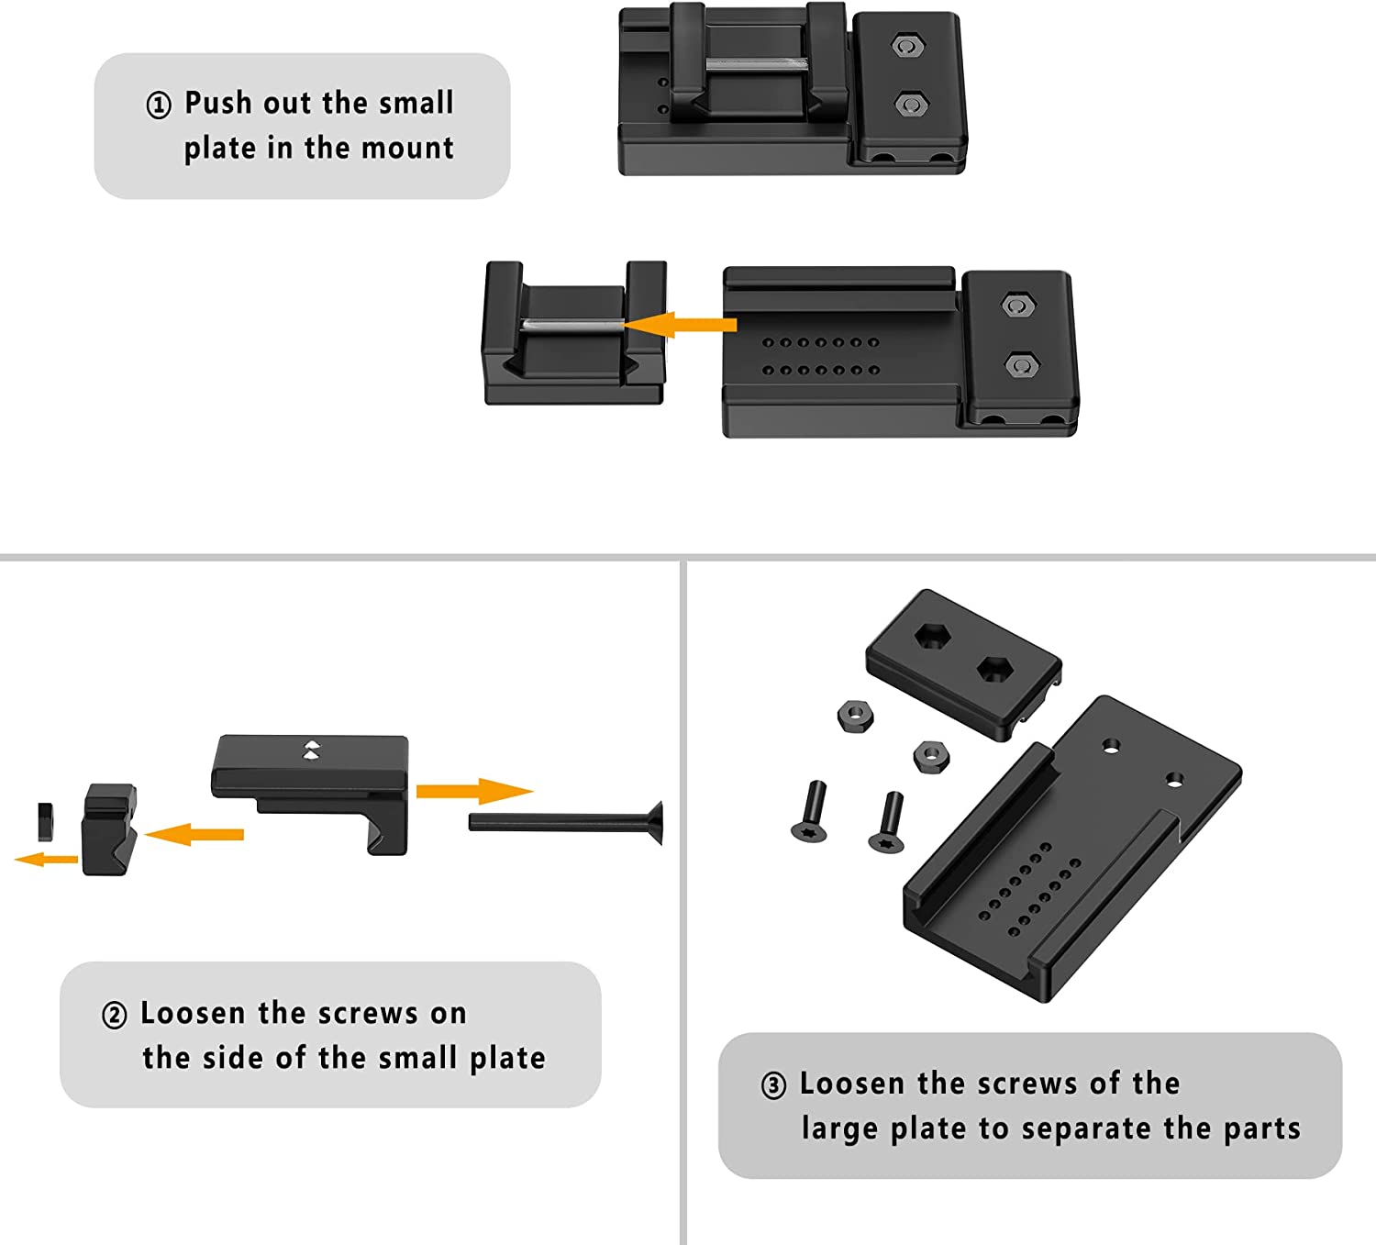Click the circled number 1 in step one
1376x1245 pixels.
click(159, 106)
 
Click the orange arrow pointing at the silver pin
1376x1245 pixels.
click(682, 325)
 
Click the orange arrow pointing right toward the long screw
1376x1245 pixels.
click(472, 791)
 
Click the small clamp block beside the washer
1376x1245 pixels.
click(108, 829)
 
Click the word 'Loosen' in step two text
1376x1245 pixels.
click(194, 1013)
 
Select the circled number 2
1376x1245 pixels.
click(115, 1016)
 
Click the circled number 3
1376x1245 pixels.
click(773, 1085)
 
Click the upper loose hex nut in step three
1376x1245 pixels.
click(855, 715)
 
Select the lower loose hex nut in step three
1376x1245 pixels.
click(931, 756)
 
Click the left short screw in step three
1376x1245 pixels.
click(811, 811)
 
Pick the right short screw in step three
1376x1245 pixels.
click(888, 822)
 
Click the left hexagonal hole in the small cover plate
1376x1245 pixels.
click(932, 636)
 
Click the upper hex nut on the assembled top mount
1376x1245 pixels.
click(908, 46)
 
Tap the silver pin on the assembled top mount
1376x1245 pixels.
click(756, 64)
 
